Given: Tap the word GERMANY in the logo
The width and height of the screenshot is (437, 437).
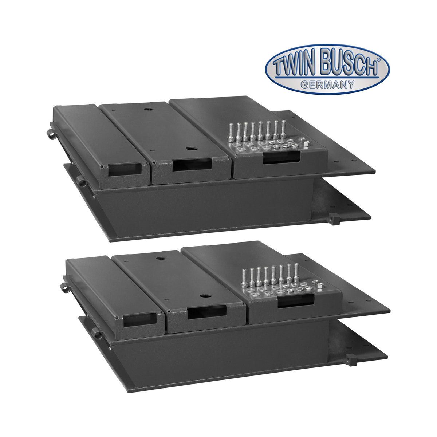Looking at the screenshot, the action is pos(327,84).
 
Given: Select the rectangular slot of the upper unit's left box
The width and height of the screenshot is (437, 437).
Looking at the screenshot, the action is pos(125,170).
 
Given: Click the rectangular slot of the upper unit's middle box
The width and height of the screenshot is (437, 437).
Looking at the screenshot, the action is pos(192,165).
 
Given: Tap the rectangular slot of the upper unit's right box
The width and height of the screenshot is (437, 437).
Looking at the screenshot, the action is pos(282,157).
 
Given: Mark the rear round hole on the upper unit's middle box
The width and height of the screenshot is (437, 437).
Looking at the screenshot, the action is pos(148,109).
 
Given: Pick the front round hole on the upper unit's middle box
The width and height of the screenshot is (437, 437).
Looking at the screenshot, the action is pos(189,149).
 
